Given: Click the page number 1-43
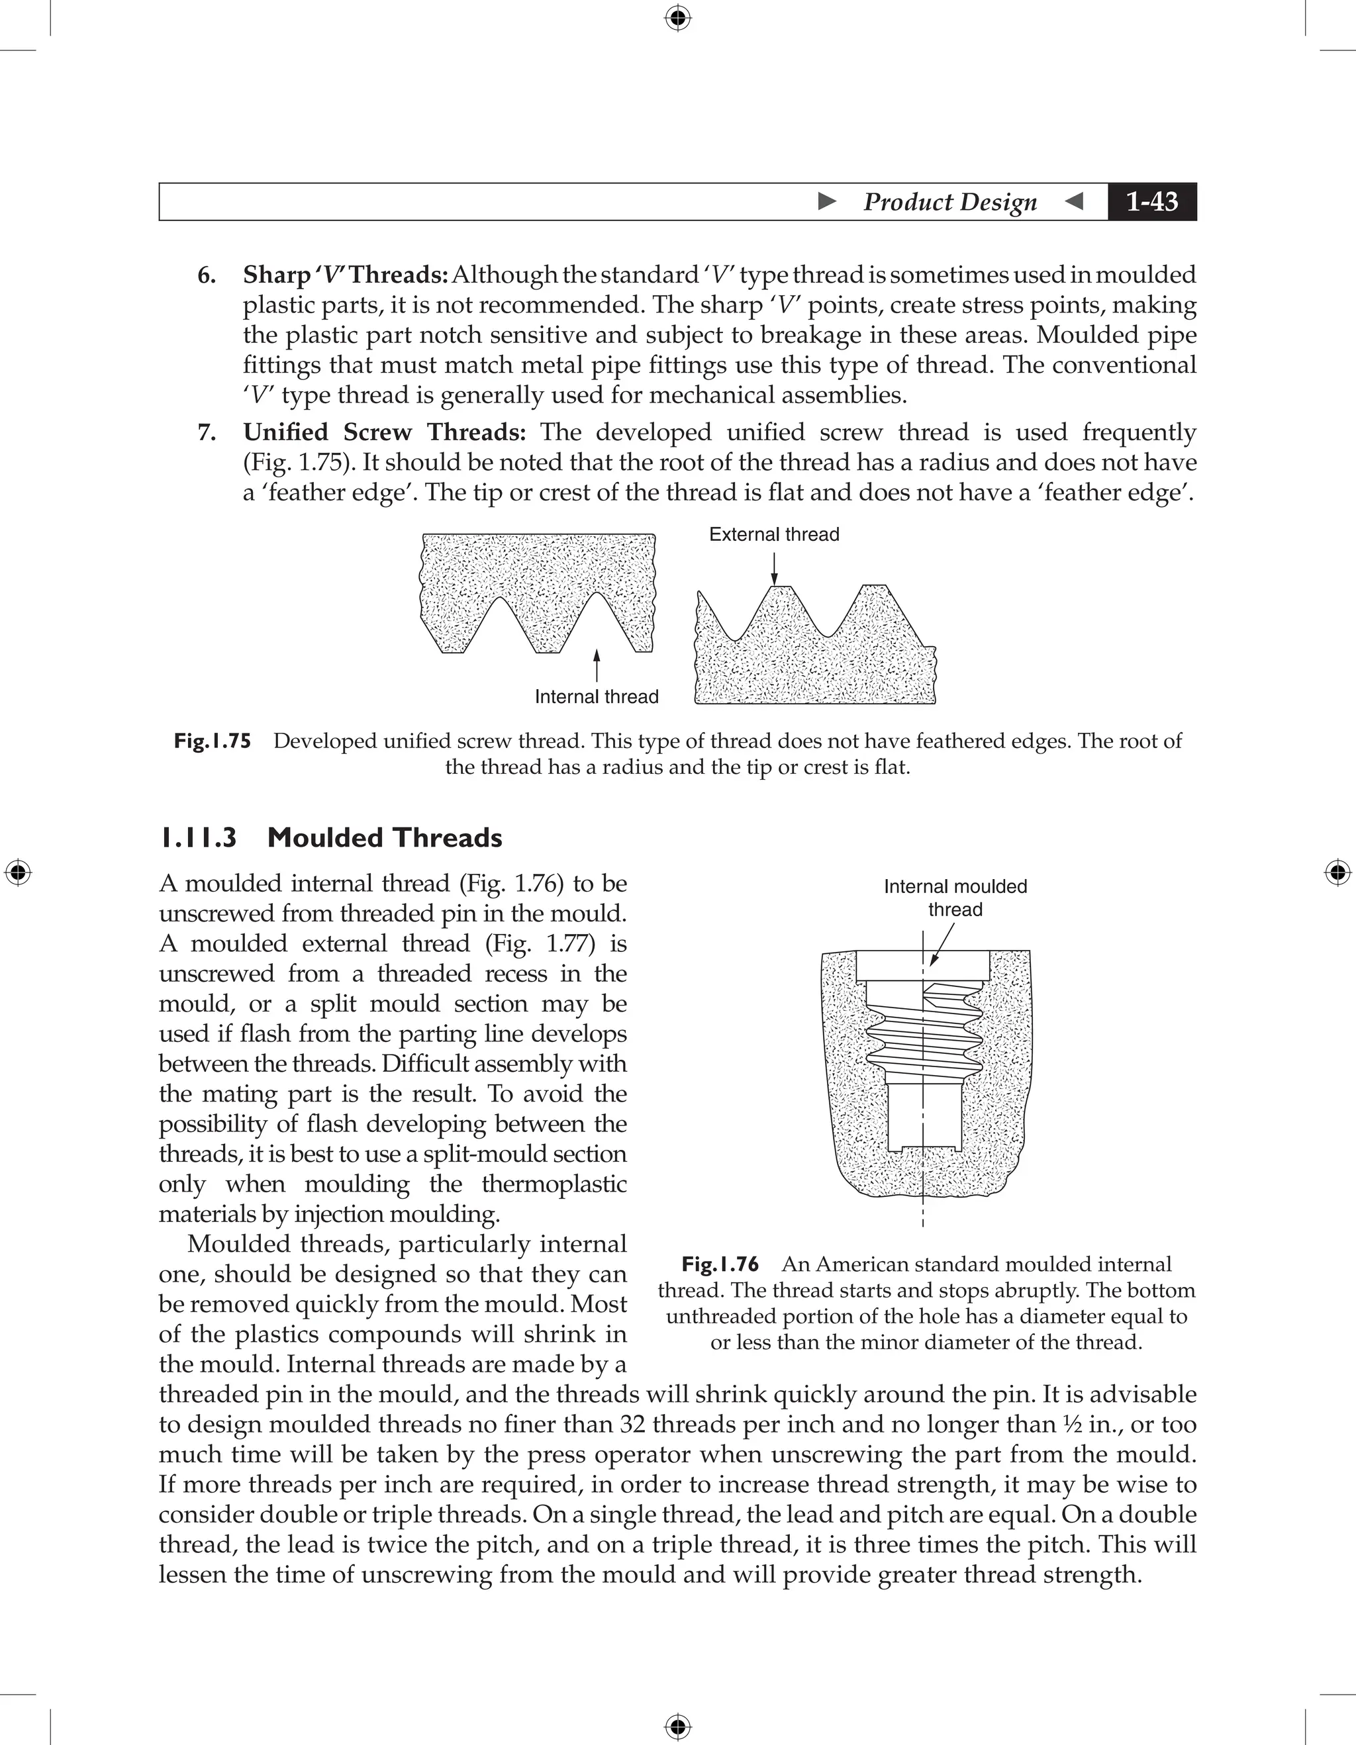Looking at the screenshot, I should (1151, 201).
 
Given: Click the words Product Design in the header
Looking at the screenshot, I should (949, 201).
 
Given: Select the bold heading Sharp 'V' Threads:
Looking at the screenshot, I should (345, 275).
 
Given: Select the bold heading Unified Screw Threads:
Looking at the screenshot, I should (384, 432).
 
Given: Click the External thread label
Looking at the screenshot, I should (773, 534).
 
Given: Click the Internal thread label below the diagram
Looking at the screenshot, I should (596, 696).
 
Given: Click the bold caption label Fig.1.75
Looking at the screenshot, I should (213, 741).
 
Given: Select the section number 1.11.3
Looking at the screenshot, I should (198, 838).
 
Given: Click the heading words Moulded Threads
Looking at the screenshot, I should (384, 838).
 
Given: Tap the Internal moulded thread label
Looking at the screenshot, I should (955, 898).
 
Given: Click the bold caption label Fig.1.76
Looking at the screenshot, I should (719, 1264).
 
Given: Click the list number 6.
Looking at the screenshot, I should (206, 275).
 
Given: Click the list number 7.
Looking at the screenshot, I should (206, 433).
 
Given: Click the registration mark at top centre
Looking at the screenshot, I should (677, 18).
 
